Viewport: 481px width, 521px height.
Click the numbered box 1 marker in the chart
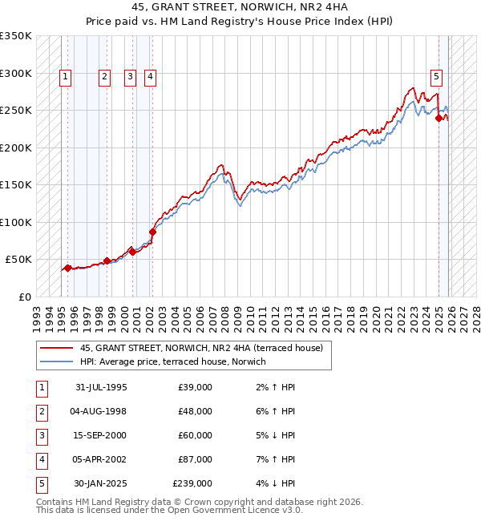pos(65,77)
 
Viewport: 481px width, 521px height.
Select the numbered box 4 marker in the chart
pos(150,77)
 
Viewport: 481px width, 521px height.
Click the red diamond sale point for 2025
pos(439,119)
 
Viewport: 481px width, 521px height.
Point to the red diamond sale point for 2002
pos(152,232)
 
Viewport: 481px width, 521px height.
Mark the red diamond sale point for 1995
pos(68,268)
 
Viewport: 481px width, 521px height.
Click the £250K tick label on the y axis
pos(16,111)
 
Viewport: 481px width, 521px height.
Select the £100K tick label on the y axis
pos(16,222)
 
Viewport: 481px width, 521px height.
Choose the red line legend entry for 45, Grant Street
pos(200,348)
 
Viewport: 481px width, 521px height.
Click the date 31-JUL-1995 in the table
pos(100,387)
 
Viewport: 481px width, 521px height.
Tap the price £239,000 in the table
pos(192,483)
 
